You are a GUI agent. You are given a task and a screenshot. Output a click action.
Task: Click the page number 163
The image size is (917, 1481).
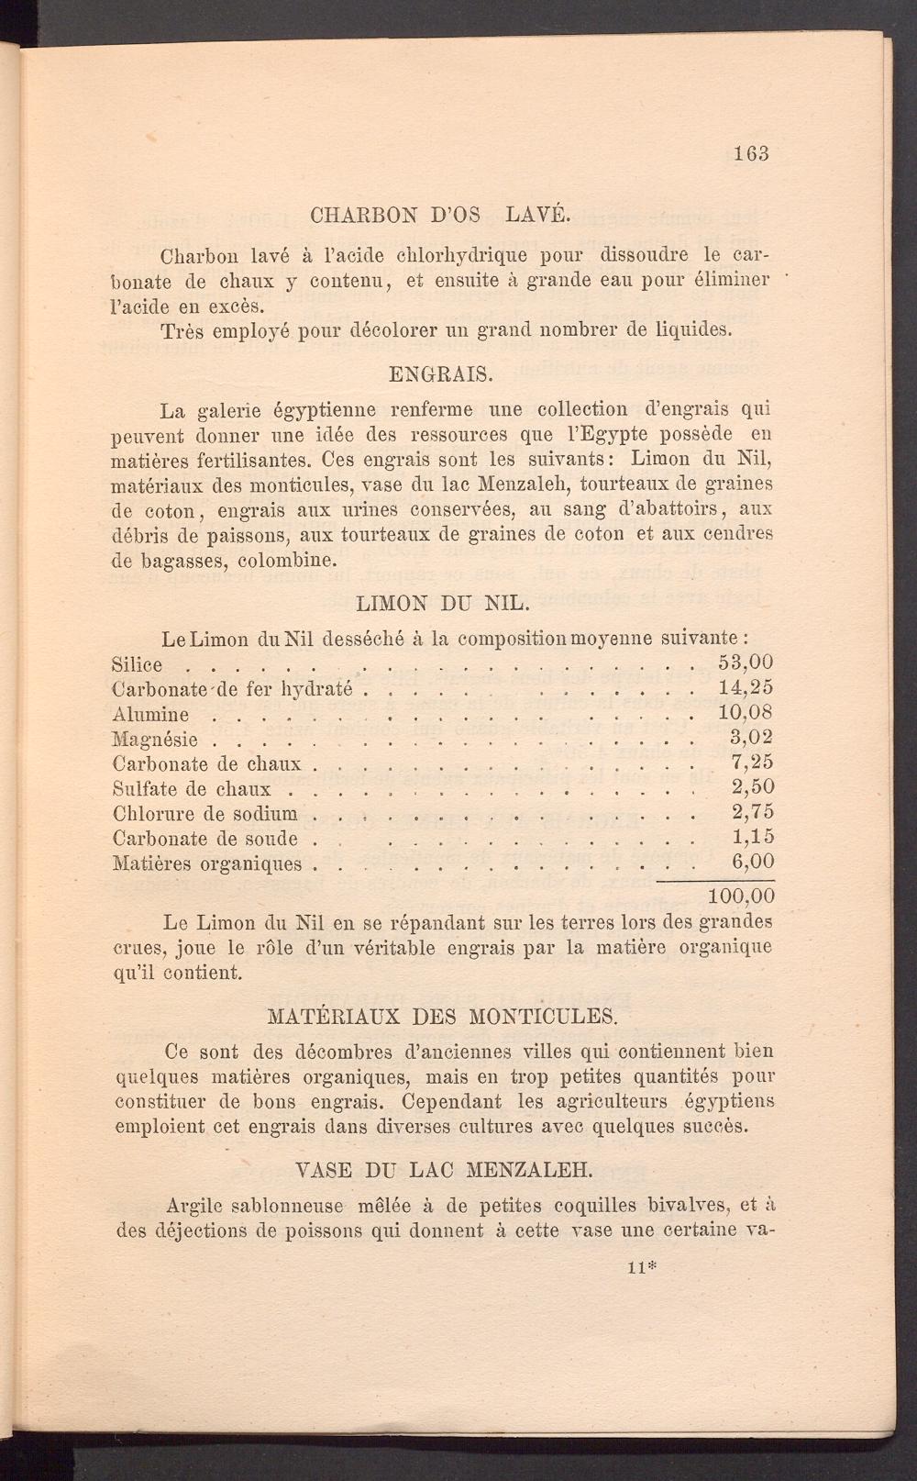point(750,153)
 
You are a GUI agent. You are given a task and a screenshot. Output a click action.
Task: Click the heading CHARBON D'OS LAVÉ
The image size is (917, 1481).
point(440,217)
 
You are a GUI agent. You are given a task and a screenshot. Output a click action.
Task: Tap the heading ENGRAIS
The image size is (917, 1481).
point(440,374)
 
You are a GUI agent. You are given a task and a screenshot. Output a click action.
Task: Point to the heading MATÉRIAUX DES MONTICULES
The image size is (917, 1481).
point(442,1017)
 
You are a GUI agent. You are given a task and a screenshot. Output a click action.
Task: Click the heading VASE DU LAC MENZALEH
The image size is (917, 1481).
point(446,1171)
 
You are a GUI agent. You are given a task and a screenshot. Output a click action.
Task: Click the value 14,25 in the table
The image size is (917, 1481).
point(746,687)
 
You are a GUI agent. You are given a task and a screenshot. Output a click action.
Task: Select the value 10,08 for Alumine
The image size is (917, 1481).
point(746,712)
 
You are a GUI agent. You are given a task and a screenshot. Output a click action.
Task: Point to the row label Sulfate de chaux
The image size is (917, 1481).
point(192,788)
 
